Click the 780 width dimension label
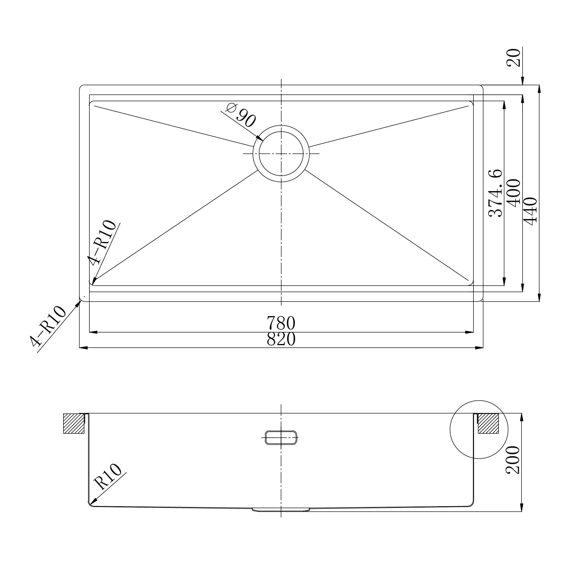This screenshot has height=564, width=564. [x=281, y=323]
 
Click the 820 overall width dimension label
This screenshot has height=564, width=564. [x=281, y=340]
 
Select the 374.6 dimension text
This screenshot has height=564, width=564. [x=495, y=193]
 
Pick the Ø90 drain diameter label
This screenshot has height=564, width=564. [x=241, y=116]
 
